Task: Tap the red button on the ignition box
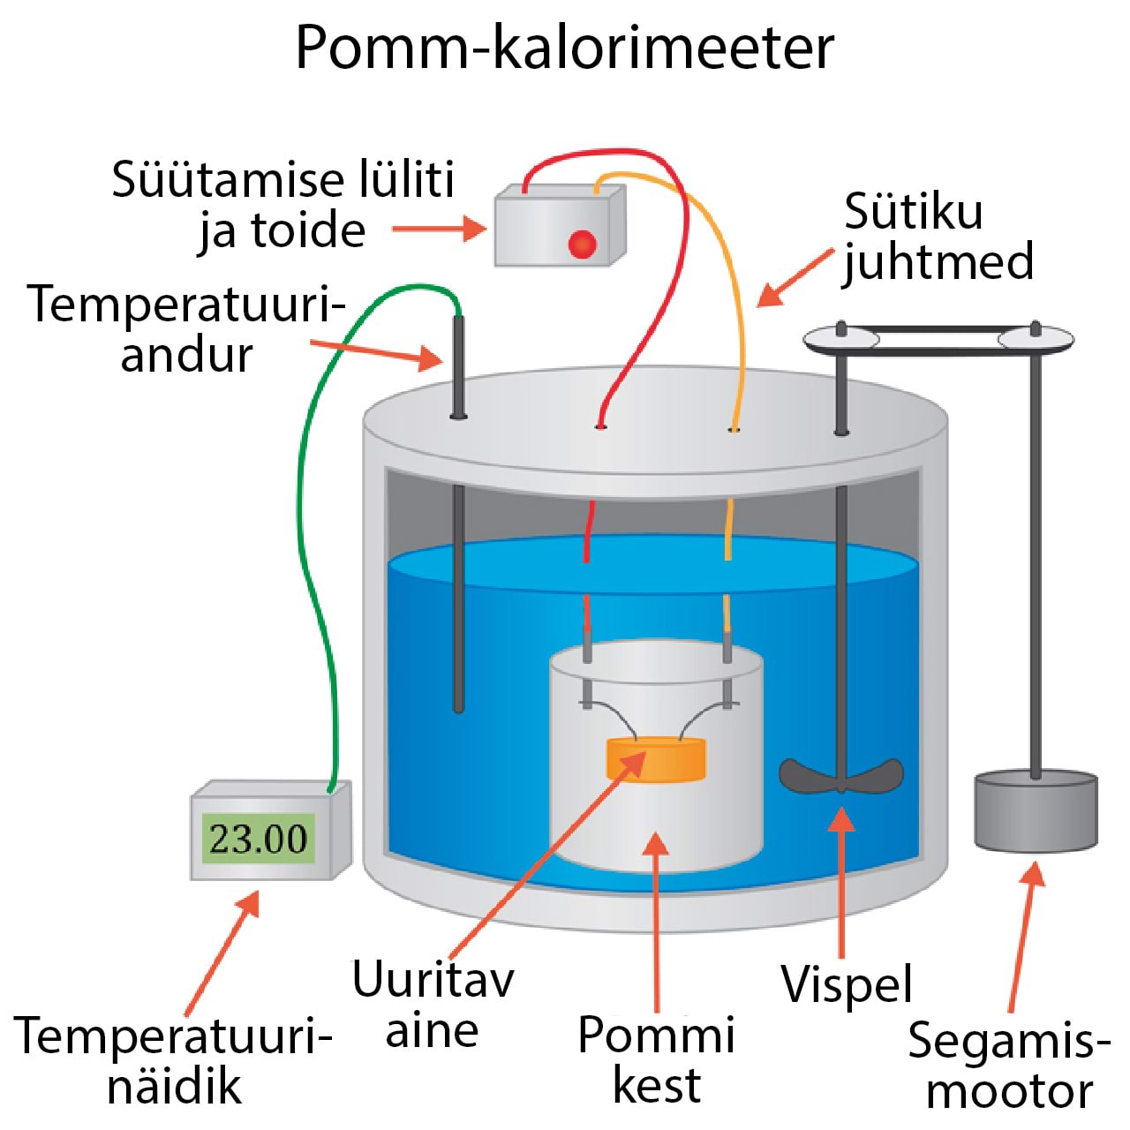582,244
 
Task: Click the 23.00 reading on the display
258,838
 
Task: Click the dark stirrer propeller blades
840,776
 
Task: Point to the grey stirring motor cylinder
1036,812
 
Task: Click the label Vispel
846,983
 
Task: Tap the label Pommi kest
656,1059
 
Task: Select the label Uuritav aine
433,1005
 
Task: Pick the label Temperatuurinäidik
173,1059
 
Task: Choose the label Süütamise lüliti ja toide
282,205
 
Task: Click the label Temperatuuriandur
185,328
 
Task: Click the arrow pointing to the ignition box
438,230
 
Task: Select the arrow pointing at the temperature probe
376,350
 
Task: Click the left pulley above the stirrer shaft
841,338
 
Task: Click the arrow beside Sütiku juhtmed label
795,279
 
